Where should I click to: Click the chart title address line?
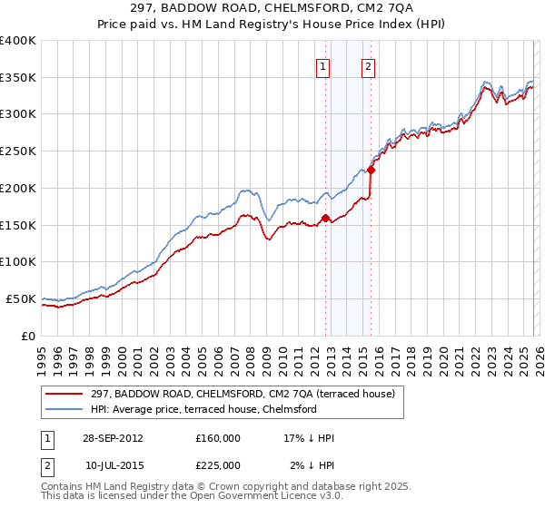(x=272, y=8)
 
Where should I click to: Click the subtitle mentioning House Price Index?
(x=272, y=24)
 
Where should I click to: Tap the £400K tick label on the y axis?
(x=18, y=41)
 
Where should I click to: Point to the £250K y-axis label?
(x=18, y=151)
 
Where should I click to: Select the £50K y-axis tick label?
(x=21, y=298)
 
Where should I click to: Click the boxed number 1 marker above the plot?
(x=324, y=64)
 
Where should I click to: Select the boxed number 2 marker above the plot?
(x=369, y=64)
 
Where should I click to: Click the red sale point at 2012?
(x=325, y=218)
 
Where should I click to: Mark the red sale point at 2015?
(x=371, y=169)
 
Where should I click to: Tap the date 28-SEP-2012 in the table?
(x=113, y=438)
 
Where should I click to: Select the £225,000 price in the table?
(x=218, y=465)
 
